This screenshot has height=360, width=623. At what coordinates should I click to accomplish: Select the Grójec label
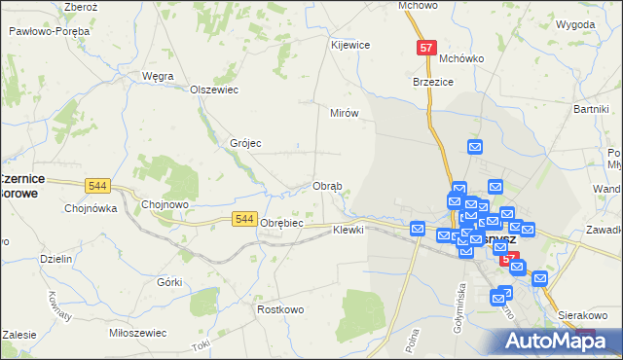[245, 143]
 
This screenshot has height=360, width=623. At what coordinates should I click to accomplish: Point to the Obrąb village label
[326, 186]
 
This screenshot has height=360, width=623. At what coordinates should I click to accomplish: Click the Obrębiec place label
[283, 223]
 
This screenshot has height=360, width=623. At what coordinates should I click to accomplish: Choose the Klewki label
[348, 230]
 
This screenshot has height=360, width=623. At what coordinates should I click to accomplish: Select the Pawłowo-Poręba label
[49, 31]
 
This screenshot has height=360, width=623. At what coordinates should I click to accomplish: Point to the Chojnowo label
[165, 204]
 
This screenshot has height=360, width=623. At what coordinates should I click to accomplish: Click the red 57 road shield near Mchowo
[425, 47]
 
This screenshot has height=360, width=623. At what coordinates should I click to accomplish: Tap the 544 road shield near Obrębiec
[245, 221]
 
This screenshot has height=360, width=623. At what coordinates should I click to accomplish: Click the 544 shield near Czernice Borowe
[96, 185]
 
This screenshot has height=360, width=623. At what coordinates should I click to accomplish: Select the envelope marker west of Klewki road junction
[418, 229]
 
